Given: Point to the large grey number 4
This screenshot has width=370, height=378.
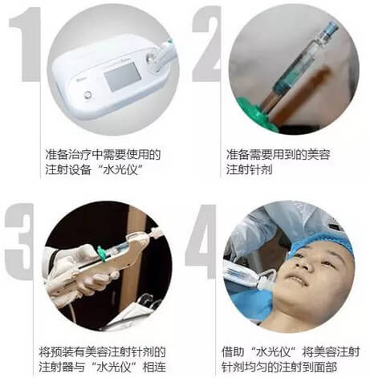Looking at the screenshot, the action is [201, 241].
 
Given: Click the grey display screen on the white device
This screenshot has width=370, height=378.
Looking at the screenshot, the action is [122, 75].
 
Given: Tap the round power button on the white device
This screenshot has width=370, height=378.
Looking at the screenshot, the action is [87, 96].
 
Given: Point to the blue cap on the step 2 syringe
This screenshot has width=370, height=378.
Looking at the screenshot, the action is [330, 29].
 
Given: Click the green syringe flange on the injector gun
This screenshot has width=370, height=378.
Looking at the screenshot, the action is [102, 254].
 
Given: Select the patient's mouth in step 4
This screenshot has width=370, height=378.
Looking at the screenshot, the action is [297, 279].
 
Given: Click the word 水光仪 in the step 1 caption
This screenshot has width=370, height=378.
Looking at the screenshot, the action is [120, 169].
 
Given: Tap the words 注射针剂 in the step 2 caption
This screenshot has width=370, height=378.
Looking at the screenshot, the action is [249, 169].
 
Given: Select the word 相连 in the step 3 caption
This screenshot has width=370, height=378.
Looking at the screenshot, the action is [155, 367].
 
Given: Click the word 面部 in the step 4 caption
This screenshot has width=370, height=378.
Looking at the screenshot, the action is [325, 367].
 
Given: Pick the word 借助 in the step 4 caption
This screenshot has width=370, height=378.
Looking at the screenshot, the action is [233, 352].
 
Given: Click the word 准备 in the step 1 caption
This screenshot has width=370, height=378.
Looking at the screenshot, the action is [57, 154].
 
